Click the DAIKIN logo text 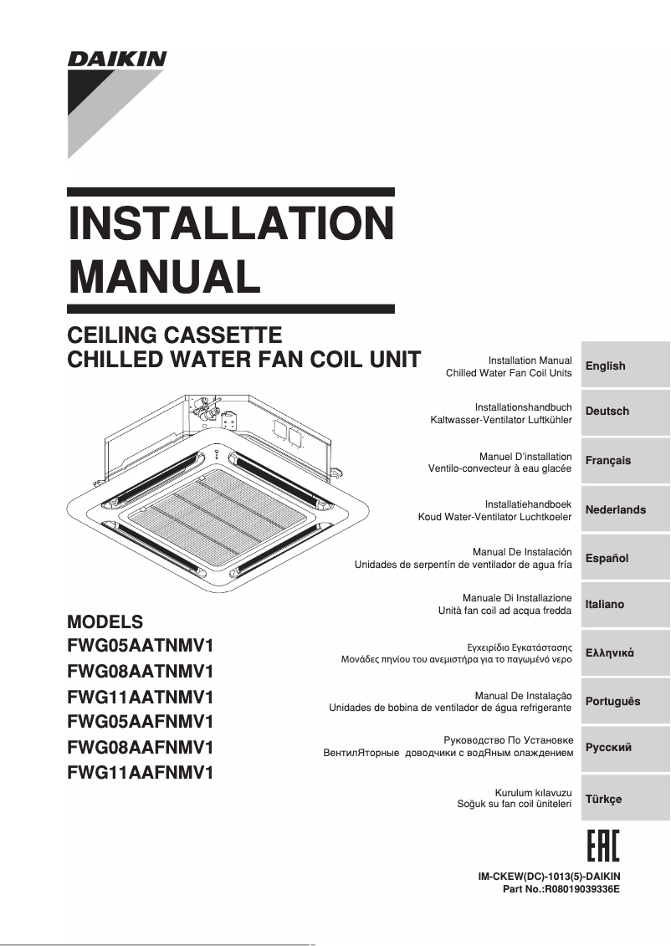117,59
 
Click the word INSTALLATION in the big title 230,224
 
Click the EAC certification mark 602,846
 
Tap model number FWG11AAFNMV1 141,773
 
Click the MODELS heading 105,622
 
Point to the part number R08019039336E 581,889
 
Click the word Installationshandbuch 523,407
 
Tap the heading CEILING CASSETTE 174,335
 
